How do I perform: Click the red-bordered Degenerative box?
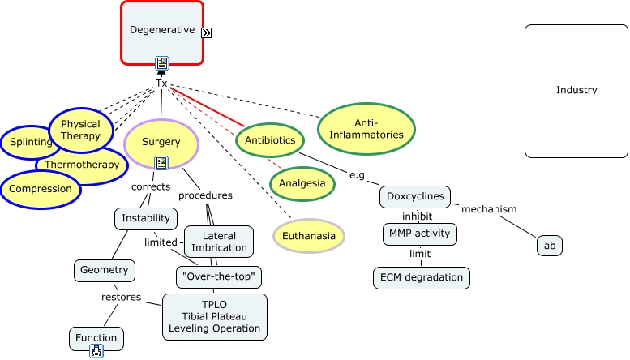tap(162, 31)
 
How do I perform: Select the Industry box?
tap(576, 90)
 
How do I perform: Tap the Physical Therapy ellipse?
tap(81, 130)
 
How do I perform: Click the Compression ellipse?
tap(41, 190)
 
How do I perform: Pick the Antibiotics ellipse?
tap(270, 140)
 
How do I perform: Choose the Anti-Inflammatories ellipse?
tap(366, 128)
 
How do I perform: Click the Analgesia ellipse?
tap(302, 183)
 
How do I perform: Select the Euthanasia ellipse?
tap(308, 236)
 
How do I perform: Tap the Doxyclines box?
tap(414, 197)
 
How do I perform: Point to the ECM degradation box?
tap(422, 277)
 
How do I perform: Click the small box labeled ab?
tap(549, 245)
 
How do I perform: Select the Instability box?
tap(146, 218)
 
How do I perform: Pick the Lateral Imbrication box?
tap(219, 242)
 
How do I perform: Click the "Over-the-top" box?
tap(218, 277)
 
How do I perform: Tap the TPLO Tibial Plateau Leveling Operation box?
tap(214, 316)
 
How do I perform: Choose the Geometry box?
tap(104, 270)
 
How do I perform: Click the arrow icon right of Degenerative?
tap(207, 32)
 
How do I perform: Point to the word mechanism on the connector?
tap(489, 209)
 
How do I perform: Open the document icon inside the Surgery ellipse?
tap(161, 162)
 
